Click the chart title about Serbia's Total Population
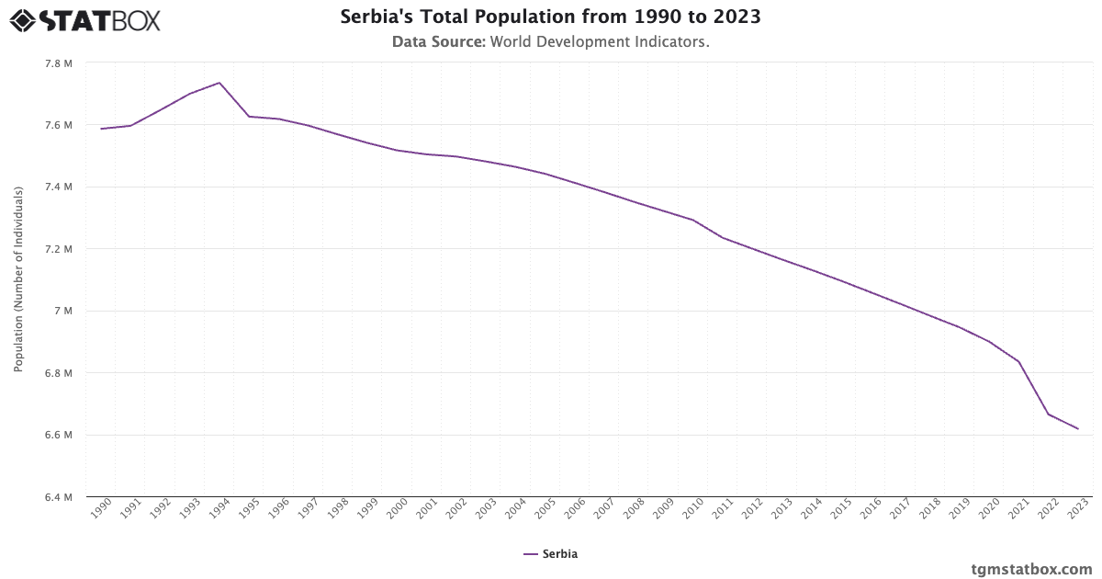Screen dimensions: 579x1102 click(x=550, y=17)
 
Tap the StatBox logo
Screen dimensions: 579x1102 click(x=84, y=19)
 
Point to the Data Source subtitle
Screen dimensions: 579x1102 click(x=550, y=41)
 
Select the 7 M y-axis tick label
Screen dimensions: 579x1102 click(x=65, y=312)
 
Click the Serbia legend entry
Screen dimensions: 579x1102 click(x=550, y=554)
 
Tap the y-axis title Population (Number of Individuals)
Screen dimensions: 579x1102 click(x=18, y=279)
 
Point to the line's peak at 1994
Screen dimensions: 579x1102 click(x=219, y=83)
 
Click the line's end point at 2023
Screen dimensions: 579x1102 click(x=1078, y=429)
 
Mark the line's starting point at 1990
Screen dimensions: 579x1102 click(x=101, y=129)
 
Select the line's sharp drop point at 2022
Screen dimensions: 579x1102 click(x=1049, y=414)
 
